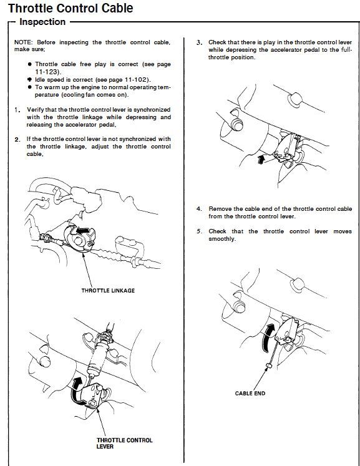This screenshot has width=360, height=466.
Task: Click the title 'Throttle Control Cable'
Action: pos(71,8)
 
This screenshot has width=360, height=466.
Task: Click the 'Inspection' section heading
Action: pos(42,22)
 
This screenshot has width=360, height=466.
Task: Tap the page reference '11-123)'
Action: pos(48,72)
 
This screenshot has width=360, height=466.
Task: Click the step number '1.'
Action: pos(17,110)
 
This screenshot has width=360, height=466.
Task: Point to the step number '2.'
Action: pos(17,139)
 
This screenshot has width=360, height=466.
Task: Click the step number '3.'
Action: pos(199,43)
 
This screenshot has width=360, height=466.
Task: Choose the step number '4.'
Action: pos(199,209)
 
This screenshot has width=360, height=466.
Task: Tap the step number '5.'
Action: pos(199,231)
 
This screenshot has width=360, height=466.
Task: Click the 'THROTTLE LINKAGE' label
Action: pos(108,291)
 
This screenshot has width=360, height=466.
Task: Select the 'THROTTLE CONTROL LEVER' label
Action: pos(124,443)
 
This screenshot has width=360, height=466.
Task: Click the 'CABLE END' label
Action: pos(250,394)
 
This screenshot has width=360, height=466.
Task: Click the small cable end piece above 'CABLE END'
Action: pos(269,365)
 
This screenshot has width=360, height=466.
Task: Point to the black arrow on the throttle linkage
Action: pos(82,230)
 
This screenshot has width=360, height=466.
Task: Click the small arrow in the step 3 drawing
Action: pos(261,159)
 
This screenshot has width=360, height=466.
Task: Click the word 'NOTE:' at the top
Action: pos(23,42)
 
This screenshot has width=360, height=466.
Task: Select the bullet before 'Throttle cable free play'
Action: pos(29,64)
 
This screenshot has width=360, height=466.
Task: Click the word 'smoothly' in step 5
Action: pos(221,239)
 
